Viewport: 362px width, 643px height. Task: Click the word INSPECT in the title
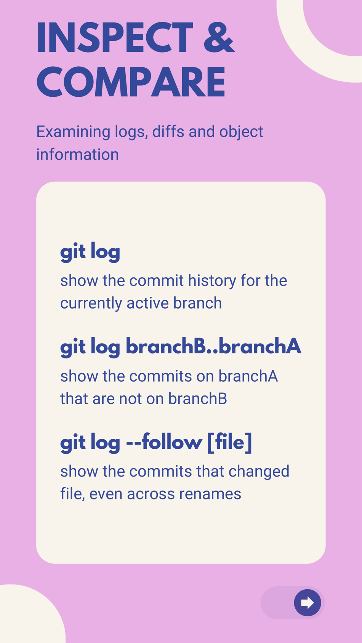click(115, 38)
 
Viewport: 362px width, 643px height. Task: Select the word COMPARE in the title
click(131, 82)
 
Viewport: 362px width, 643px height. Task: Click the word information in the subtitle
click(77, 155)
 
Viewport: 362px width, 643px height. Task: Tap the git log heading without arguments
click(90, 252)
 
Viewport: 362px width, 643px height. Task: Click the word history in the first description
click(212, 281)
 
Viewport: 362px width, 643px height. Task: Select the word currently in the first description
click(91, 303)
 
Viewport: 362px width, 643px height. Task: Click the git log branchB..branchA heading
click(181, 347)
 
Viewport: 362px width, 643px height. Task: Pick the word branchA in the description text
click(248, 376)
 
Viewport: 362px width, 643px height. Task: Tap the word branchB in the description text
click(197, 399)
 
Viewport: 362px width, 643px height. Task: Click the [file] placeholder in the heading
click(229, 442)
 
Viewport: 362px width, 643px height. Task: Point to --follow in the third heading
click(164, 442)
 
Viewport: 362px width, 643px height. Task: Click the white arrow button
click(307, 603)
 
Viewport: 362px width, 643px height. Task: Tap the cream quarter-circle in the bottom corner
click(27, 617)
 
